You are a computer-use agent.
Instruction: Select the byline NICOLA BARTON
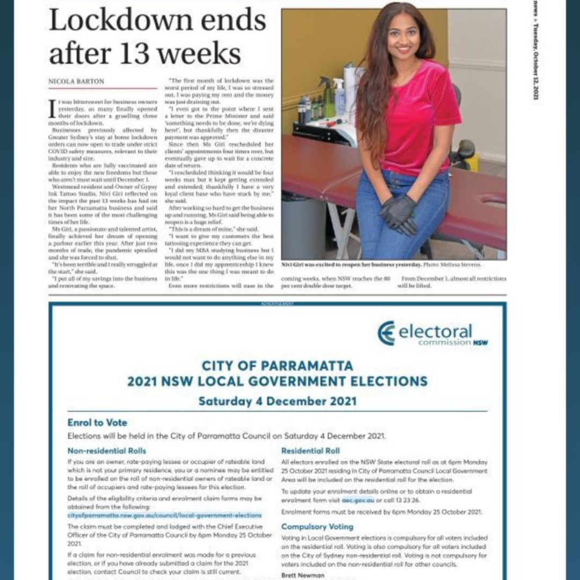[76, 82]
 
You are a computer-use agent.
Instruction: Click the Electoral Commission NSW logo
[432, 333]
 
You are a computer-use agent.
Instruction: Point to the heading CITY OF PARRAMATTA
[277, 366]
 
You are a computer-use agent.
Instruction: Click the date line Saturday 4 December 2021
[277, 401]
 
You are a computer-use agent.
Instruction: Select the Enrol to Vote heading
[97, 423]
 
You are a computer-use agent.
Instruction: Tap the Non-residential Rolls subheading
[106, 451]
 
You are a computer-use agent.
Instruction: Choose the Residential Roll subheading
[310, 451]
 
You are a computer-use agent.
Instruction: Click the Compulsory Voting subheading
[317, 526]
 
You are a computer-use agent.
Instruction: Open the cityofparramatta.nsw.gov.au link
[164, 515]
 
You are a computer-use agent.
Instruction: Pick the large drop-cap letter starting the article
[53, 108]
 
